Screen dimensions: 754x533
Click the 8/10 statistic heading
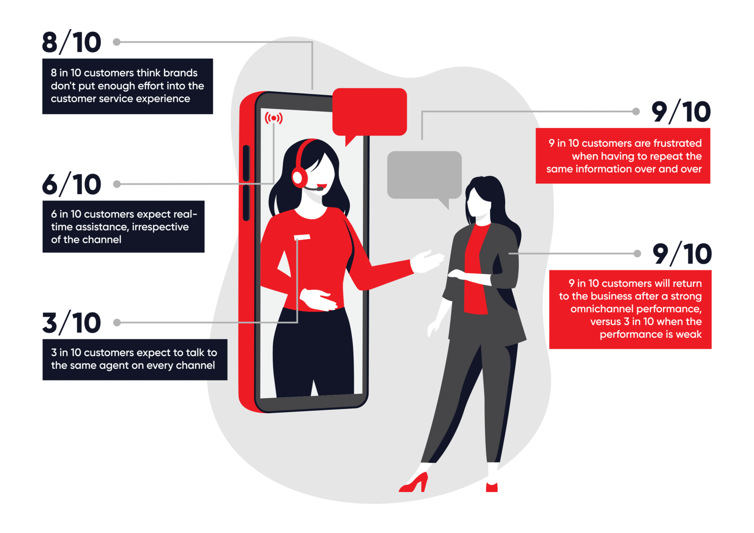[71, 42]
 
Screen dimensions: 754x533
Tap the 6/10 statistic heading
[71, 184]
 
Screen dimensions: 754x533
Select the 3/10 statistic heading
[71, 323]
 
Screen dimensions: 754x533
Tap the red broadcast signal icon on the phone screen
[273, 118]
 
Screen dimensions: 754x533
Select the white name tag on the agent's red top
[302, 237]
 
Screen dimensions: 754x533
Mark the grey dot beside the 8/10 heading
[117, 42]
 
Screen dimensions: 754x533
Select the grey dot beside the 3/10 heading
[117, 323]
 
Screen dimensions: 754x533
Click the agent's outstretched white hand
[427, 261]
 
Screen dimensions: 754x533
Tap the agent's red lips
[321, 186]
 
